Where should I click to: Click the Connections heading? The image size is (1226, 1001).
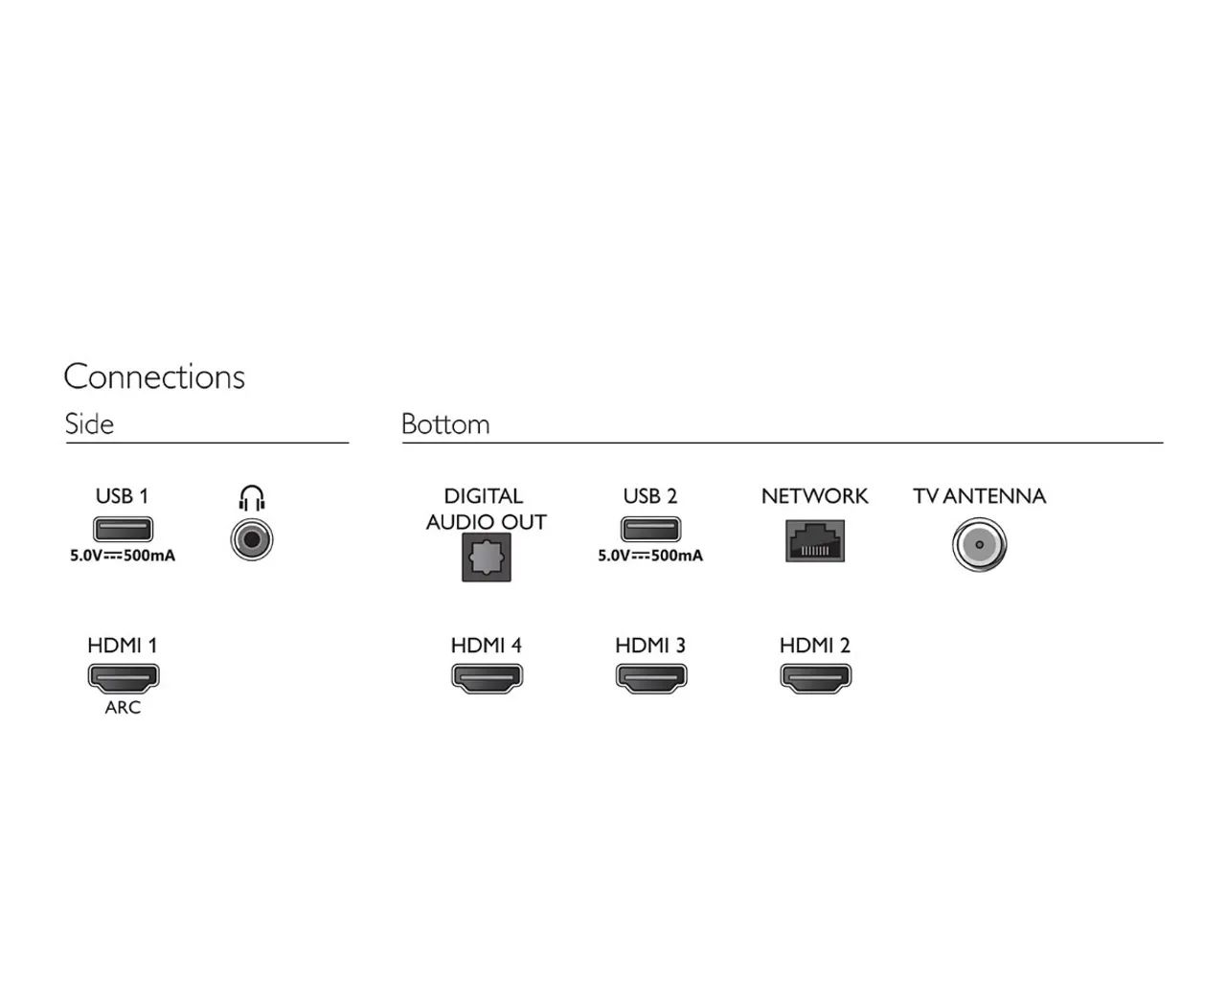tap(154, 376)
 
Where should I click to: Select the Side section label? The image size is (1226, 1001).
tap(89, 423)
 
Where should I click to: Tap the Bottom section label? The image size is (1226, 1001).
tap(445, 423)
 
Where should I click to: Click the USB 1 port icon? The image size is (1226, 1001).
tap(124, 529)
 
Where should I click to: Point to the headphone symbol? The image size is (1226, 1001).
tap(252, 498)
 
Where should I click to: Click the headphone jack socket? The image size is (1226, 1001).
tap(252, 539)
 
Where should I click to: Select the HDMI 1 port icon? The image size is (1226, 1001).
tap(124, 678)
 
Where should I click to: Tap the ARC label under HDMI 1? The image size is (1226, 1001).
tap(123, 708)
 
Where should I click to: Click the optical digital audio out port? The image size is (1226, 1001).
tap(487, 557)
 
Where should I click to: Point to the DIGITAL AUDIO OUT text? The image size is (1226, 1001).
tap(486, 509)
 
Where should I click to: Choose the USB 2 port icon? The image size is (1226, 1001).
tap(650, 529)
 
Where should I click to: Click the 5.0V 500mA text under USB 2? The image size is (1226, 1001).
tap(650, 556)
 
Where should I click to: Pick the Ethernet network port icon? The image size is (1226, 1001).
tap(815, 540)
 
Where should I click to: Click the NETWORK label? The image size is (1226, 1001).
tap(814, 496)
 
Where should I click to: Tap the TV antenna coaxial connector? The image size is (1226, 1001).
tap(980, 545)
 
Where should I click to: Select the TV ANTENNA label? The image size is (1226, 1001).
tap(980, 496)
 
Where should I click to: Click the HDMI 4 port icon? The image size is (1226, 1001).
tap(488, 678)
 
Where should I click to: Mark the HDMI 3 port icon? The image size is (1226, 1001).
tap(651, 678)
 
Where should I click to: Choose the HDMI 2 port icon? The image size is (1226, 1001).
tap(816, 678)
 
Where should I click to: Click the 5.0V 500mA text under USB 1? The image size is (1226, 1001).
tap(123, 556)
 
